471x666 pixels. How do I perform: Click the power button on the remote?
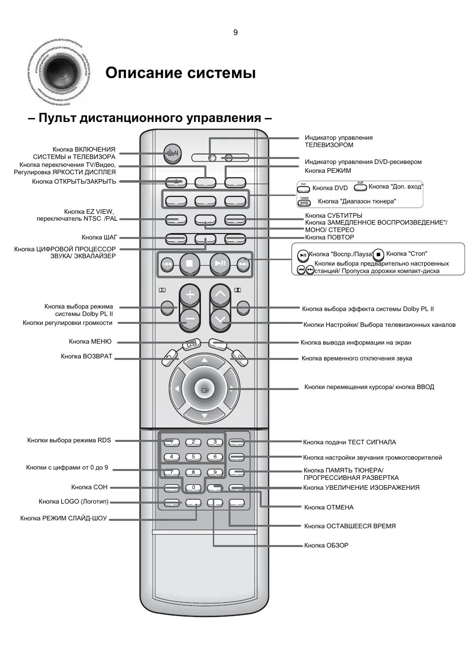172,154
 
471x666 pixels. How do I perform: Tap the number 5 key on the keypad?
194,457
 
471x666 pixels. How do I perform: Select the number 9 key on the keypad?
215,472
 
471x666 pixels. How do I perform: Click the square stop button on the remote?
189,264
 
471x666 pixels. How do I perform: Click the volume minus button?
190,319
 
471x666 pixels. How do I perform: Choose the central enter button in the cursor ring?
205,390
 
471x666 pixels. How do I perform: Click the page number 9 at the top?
235,33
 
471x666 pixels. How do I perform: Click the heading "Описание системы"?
181,73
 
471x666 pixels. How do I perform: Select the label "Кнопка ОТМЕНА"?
328,507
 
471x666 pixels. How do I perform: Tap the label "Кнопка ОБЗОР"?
326,545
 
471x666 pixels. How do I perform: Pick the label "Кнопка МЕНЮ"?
90,341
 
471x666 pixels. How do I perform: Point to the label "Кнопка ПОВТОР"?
329,237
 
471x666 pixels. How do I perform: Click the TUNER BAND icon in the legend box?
304,201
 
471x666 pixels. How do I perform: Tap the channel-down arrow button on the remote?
220,319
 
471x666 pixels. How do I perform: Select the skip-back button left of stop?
167,264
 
